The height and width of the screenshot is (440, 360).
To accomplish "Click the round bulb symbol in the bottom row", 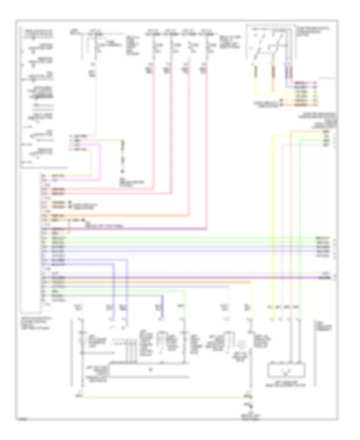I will (x=241, y=345).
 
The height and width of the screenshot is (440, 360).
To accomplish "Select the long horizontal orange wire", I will (x=120, y=216).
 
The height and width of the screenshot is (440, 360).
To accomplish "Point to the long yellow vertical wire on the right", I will (x=273, y=224).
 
